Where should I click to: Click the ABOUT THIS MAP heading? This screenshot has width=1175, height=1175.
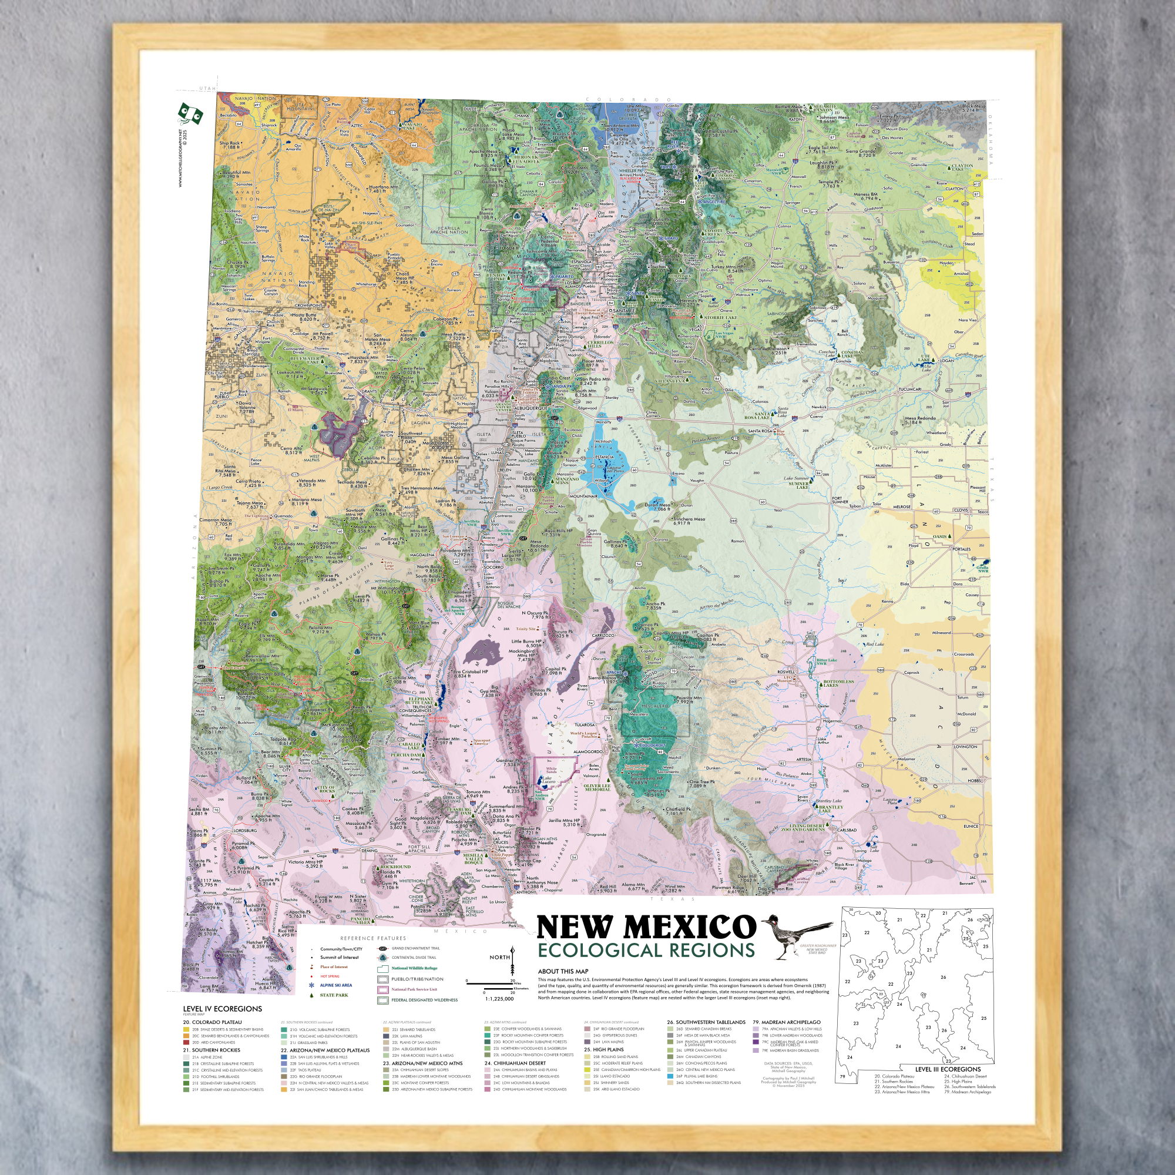coord(563,971)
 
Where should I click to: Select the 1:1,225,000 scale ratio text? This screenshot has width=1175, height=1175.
coord(499,999)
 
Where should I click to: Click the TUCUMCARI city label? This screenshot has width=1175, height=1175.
coord(910,390)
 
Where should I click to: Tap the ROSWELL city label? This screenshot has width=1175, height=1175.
coord(785,672)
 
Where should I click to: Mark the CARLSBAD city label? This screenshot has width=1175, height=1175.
coord(847,830)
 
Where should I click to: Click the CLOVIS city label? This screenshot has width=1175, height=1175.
coord(961,511)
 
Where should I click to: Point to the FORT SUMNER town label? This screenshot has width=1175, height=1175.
coord(840,500)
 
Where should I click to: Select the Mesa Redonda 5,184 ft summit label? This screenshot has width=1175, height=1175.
coord(920,419)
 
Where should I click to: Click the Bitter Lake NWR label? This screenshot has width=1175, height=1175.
coord(826,661)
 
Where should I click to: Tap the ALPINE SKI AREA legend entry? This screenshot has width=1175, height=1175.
coord(335,985)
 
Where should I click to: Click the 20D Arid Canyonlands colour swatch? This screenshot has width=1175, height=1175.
coord(187,1042)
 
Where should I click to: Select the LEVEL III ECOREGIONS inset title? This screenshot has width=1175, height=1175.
coord(948,1069)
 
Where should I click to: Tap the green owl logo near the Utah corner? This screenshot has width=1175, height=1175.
coord(190,114)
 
